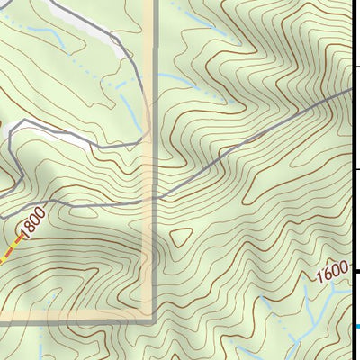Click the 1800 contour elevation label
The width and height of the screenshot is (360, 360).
click(x=30, y=226)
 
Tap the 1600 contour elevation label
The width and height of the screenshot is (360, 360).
click(x=330, y=272)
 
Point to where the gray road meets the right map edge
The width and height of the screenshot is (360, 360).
click(x=357, y=90)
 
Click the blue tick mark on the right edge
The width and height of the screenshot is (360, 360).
click(x=357, y=326)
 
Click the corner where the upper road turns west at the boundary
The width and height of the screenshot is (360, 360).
click(x=139, y=135)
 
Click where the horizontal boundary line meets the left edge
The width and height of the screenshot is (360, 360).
click(x=2, y=318)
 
